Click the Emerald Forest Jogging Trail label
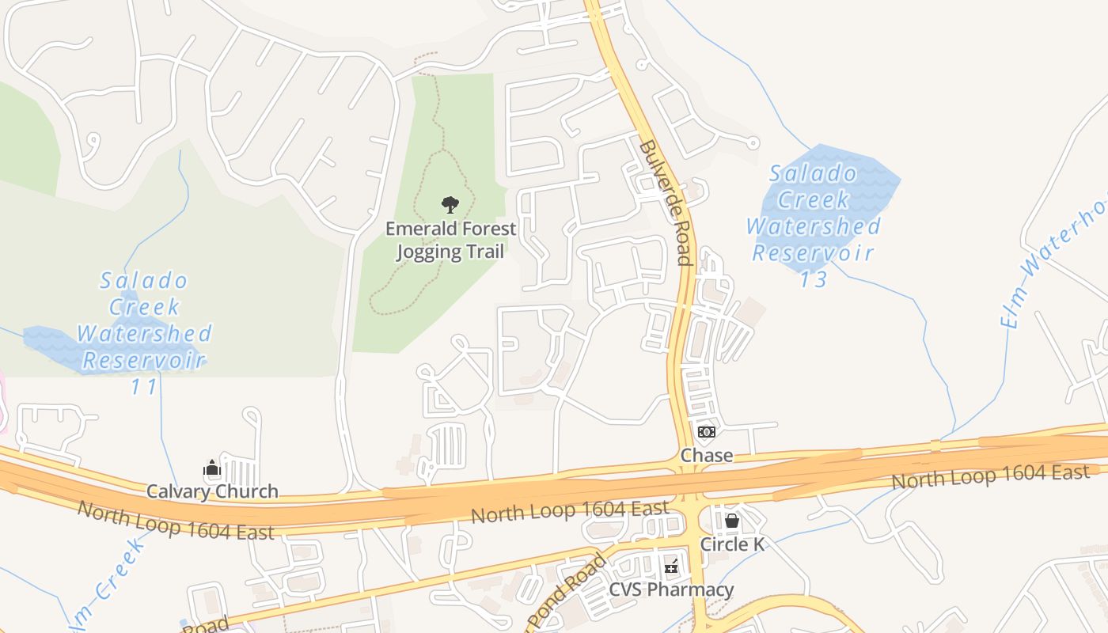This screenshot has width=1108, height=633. click(x=450, y=240)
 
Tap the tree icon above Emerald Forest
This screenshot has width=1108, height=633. click(x=450, y=206)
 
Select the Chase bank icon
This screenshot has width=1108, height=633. click(x=706, y=432)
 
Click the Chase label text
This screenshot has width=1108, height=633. click(x=706, y=456)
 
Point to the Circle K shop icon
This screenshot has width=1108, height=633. click(x=732, y=521)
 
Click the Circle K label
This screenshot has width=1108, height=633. click(x=732, y=544)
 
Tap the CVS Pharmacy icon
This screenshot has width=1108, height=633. click(x=671, y=567)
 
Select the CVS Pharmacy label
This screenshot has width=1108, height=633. click(x=671, y=590)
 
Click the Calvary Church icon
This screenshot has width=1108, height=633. click(x=212, y=468)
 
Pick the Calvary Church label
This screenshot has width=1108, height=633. click(x=212, y=491)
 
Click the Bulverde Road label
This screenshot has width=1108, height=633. click(x=666, y=203)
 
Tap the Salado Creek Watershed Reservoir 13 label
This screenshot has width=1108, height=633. click(x=814, y=226)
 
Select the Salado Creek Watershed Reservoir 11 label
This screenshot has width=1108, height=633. click(x=144, y=333)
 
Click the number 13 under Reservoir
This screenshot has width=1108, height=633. click(x=813, y=279)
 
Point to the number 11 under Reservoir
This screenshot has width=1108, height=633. click(x=144, y=387)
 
